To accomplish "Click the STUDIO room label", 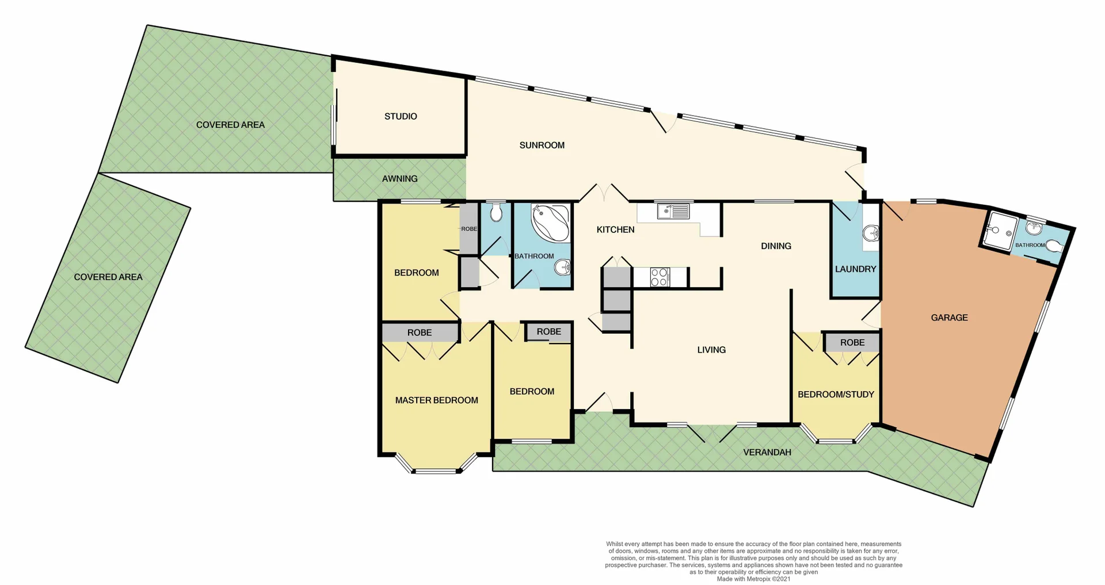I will tap(401, 117).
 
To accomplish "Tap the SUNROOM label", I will tap(542, 146).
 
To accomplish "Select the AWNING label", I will tap(399, 179).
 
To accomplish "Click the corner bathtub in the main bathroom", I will tap(550, 223).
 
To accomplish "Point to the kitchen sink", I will tap(674, 212).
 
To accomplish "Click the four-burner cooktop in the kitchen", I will tap(660, 277).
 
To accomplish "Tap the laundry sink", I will tap(871, 234).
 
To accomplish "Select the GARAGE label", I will tap(949, 318).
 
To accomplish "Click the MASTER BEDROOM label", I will tap(436, 400).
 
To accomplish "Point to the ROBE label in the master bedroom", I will tap(419, 332).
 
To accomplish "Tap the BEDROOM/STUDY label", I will tap(836, 395).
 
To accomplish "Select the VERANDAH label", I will tap(767, 453).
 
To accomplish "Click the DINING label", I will tap(776, 246).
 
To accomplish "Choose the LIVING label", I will tap(711, 350).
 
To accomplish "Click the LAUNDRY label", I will tap(855, 269).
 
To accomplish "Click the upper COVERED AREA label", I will tap(230, 125).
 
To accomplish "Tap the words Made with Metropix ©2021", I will tap(753, 579).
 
